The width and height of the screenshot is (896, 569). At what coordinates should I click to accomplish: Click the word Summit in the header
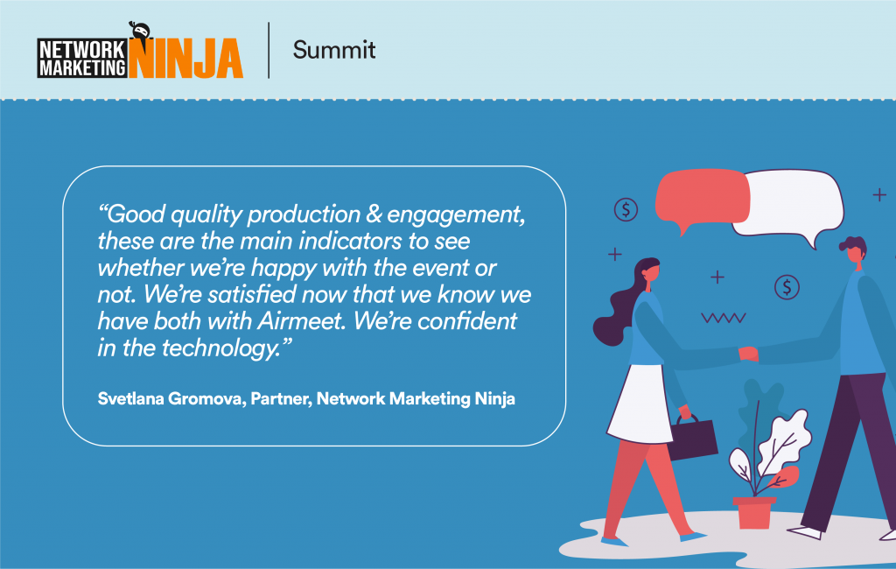pyautogui.click(x=333, y=50)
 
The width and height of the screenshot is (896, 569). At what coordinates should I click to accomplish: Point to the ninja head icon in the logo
pyautogui.click(x=139, y=32)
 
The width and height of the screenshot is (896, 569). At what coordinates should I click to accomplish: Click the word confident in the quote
pyautogui.click(x=467, y=321)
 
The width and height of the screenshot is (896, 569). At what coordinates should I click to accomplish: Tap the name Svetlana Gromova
pyautogui.click(x=171, y=399)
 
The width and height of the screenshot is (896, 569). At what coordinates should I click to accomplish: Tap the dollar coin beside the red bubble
pyautogui.click(x=626, y=209)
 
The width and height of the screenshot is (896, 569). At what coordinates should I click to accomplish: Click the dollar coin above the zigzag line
pyautogui.click(x=787, y=286)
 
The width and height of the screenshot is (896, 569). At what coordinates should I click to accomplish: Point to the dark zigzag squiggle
pyautogui.click(x=724, y=319)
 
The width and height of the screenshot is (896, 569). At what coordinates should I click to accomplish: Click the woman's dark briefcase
pyautogui.click(x=692, y=438)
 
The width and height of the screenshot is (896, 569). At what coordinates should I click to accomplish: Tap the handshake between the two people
pyautogui.click(x=748, y=354)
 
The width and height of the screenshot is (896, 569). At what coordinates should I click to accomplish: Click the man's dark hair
pyautogui.click(x=853, y=248)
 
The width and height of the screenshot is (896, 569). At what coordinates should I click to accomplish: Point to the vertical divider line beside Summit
pyautogui.click(x=269, y=50)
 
